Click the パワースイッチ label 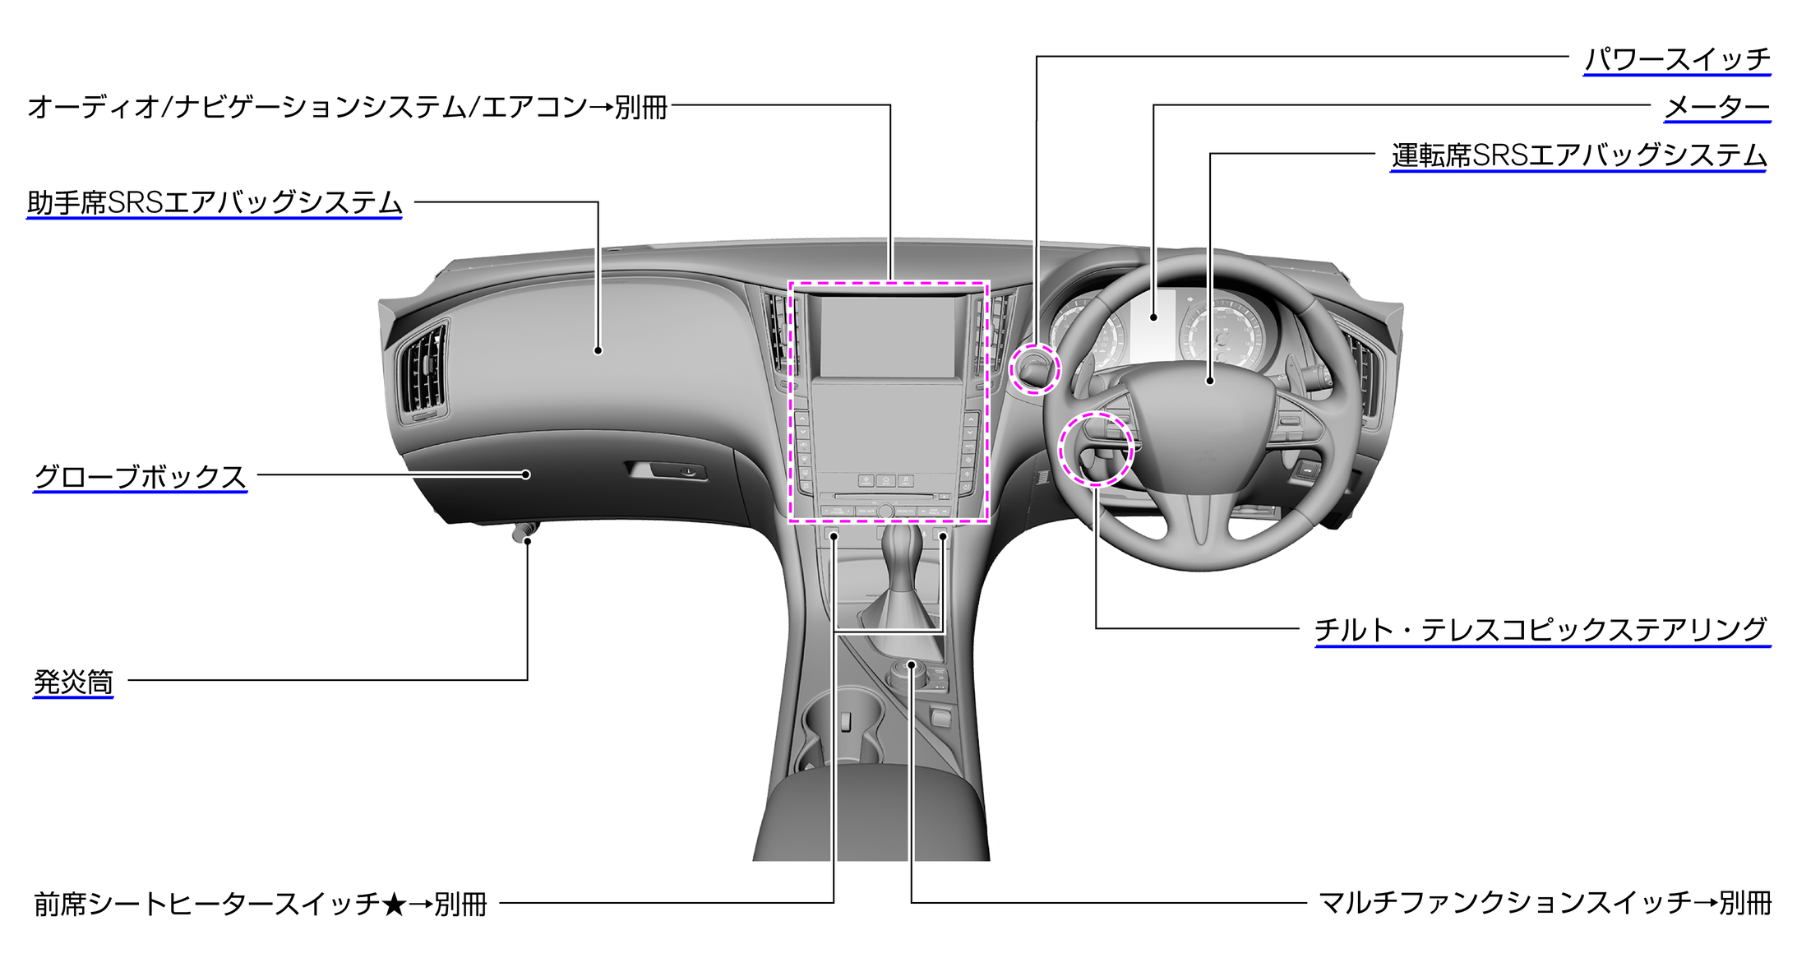1677,59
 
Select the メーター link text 1717,107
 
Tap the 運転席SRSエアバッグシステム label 1578,155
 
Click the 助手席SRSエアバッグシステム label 215,202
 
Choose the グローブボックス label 140,476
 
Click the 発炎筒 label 73,682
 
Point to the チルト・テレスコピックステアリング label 1542,630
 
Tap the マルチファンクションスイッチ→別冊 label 1545,903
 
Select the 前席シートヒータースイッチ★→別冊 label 261,904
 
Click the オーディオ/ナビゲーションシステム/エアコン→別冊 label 347,107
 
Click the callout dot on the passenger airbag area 598,350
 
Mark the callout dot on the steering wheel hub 1210,381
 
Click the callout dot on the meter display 1154,317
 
